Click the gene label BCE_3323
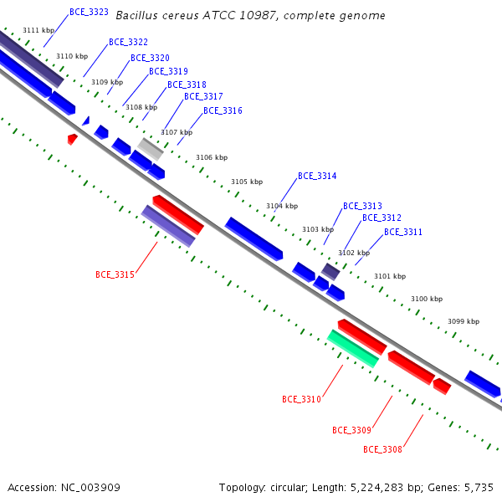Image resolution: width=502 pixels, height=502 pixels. (89, 13)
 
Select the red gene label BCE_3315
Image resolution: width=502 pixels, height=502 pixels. (115, 274)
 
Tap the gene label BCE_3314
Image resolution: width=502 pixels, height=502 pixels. (317, 176)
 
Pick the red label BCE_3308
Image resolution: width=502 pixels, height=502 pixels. (382, 449)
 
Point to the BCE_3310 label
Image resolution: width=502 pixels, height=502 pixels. (301, 399)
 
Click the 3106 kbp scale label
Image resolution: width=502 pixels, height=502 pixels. (212, 157)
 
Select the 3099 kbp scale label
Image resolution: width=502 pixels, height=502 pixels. (464, 321)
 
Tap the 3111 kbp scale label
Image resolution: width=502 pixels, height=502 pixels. (38, 30)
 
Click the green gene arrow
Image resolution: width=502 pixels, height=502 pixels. (353, 349)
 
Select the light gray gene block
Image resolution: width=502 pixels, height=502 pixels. (151, 149)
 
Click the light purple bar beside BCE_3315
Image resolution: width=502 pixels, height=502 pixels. (168, 226)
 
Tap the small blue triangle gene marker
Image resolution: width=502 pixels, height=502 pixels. (86, 121)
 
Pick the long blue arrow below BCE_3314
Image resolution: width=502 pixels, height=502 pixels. (254, 238)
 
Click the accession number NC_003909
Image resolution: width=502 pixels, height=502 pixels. (90, 488)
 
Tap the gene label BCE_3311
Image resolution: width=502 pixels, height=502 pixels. (403, 232)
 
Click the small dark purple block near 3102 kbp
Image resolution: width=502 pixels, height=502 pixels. (330, 272)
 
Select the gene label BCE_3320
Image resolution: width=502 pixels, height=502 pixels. (150, 58)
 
